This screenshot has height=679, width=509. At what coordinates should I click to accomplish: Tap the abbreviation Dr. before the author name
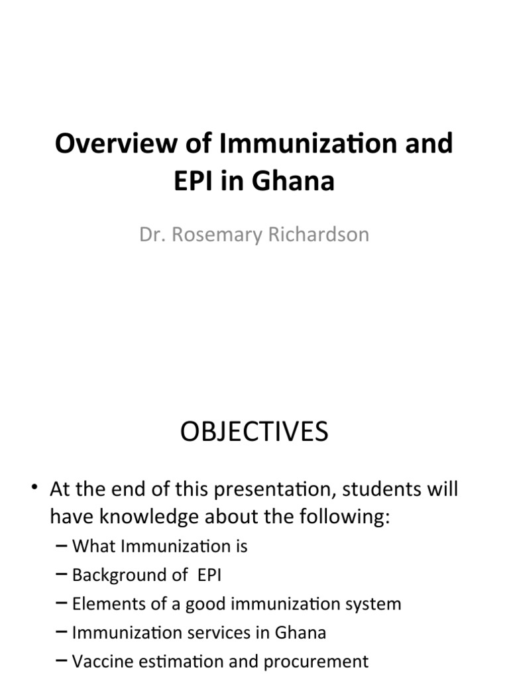click(x=152, y=235)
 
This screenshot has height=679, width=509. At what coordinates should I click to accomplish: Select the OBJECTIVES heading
click(x=254, y=432)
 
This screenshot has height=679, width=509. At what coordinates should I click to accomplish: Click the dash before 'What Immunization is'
click(x=62, y=546)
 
